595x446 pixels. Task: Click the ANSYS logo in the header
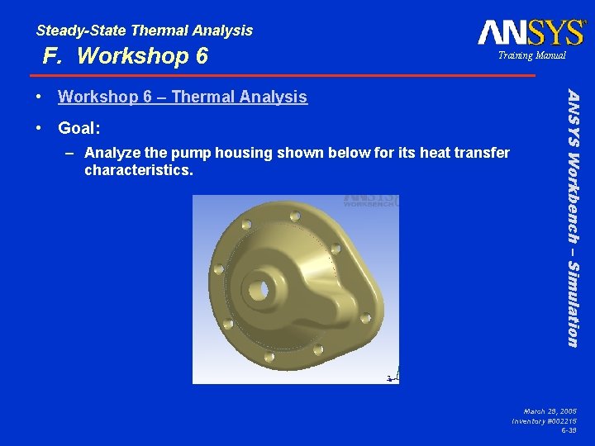coord(531,32)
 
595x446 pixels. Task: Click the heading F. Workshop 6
coord(126,56)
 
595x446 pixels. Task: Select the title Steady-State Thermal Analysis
coord(145,31)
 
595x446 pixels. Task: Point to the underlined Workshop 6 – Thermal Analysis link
coord(182,97)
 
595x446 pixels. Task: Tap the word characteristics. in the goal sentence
coord(138,171)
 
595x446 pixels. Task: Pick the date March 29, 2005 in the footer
coord(550,410)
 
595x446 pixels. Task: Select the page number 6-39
coord(569,431)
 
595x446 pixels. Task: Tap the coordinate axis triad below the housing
coord(393,376)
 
